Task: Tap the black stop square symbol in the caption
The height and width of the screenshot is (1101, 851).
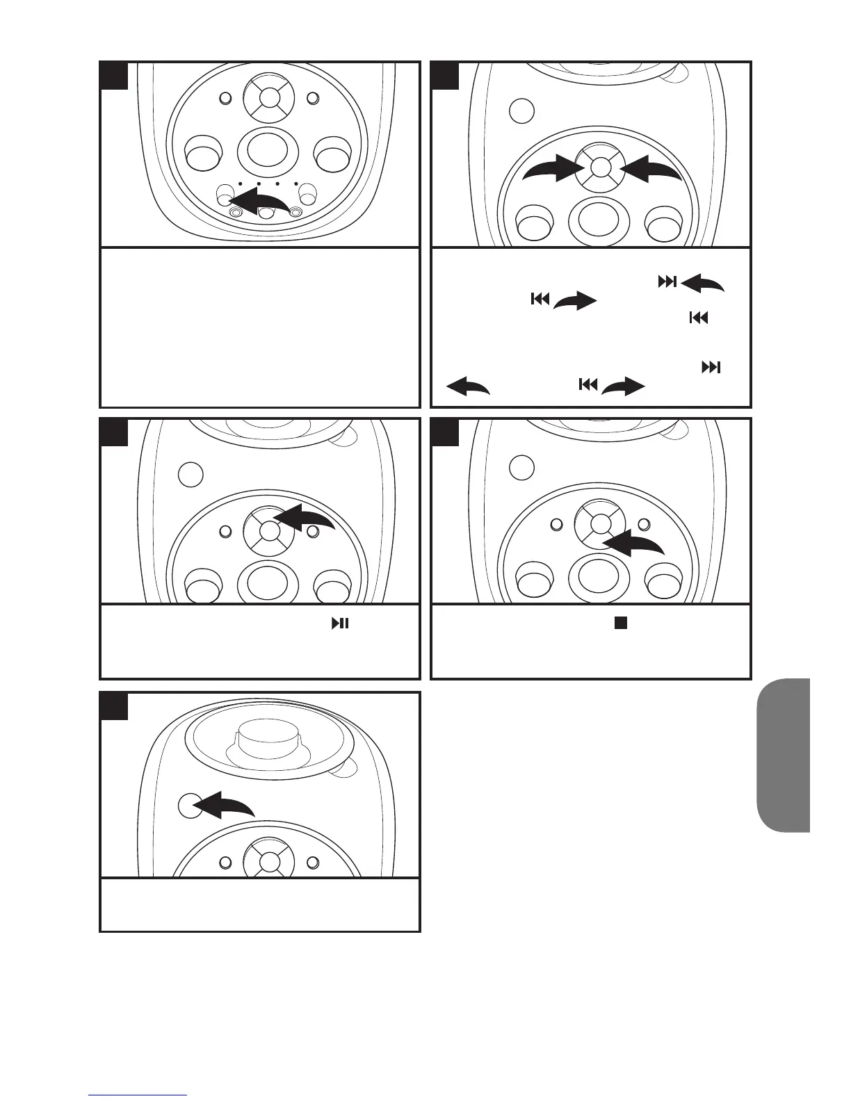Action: tap(620, 623)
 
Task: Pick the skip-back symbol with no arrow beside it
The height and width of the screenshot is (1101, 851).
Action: tap(698, 318)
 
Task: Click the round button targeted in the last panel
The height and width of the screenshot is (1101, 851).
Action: tap(189, 806)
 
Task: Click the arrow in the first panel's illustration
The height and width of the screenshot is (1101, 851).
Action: tap(261, 202)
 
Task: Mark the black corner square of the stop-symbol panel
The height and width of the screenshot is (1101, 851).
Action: tap(445, 432)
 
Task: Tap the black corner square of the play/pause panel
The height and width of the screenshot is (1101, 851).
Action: tap(114, 432)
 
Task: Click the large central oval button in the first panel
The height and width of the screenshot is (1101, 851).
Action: tap(268, 149)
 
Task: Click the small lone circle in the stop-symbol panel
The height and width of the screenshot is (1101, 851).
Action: tap(521, 467)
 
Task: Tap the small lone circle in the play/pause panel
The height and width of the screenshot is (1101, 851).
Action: tap(191, 474)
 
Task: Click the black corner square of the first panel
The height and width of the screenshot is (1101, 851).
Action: tap(114, 75)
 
